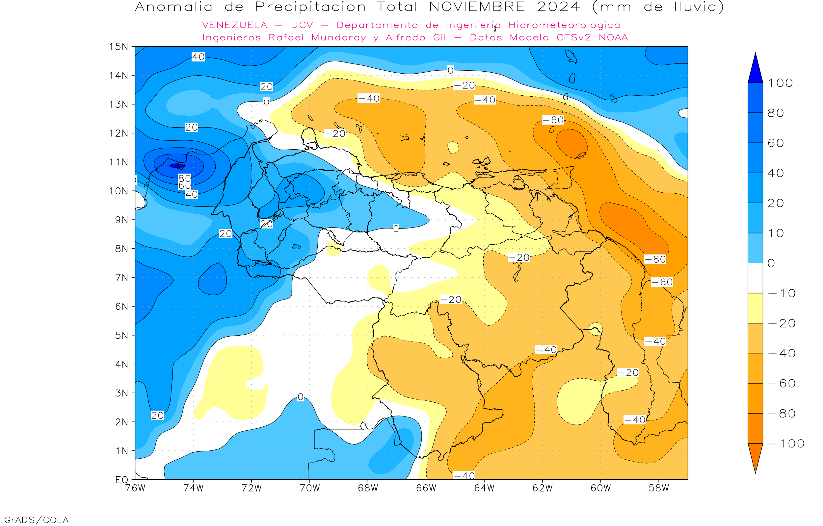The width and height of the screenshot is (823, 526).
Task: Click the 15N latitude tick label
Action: coord(118,46)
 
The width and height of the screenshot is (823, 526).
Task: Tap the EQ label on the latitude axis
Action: coord(122,480)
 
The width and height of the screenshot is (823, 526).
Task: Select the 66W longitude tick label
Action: coord(426,488)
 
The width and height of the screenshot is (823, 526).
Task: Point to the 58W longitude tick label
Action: coord(659,488)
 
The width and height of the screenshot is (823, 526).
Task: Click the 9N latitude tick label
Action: coord(121,220)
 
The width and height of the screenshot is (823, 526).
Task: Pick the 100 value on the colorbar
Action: coord(781,83)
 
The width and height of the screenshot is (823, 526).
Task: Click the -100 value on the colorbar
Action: coord(786,444)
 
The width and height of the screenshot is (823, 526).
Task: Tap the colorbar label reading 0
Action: coord(771,263)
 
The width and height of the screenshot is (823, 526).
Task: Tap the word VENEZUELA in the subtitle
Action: coord(235,25)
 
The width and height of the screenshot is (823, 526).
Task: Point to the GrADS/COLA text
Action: coord(36,520)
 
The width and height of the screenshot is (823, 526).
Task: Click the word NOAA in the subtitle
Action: coord(613,37)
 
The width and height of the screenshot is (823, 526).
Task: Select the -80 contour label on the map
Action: coord(655,259)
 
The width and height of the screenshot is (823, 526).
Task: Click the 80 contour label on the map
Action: coord(184,178)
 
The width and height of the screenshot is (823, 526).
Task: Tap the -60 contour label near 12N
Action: coord(553,120)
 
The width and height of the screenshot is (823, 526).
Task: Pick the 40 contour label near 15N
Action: coord(198,57)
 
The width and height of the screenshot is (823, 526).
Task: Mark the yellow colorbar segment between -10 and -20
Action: coord(755,308)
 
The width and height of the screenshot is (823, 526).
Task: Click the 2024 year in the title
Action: coord(558,7)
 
